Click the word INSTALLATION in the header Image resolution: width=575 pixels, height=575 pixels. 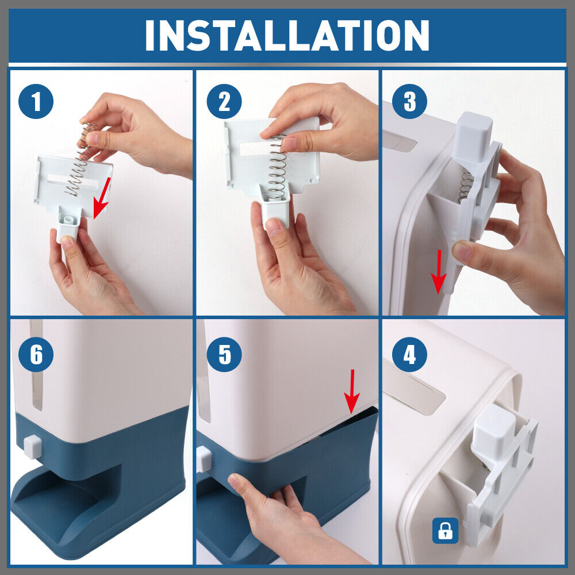coord(287,35)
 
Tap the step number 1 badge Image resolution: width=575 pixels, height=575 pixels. coord(36,101)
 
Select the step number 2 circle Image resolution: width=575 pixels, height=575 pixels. coord(224,101)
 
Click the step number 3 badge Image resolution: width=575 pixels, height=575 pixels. coord(409,101)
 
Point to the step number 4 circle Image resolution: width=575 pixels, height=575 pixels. coord(409,354)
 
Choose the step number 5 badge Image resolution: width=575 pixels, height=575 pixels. coord(224,354)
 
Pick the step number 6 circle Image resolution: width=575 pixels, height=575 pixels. coord(36,354)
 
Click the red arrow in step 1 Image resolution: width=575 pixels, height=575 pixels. coord(102,198)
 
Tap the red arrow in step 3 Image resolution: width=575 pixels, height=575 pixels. coord(439,272)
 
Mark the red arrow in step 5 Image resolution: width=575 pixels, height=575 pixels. coord(352,391)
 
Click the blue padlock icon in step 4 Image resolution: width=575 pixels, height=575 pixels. coord(445,530)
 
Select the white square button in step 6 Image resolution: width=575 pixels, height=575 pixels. coord(33,447)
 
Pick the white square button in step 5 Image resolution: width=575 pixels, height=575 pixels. coord(204,459)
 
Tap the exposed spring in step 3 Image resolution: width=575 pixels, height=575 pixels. coord(466,186)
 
